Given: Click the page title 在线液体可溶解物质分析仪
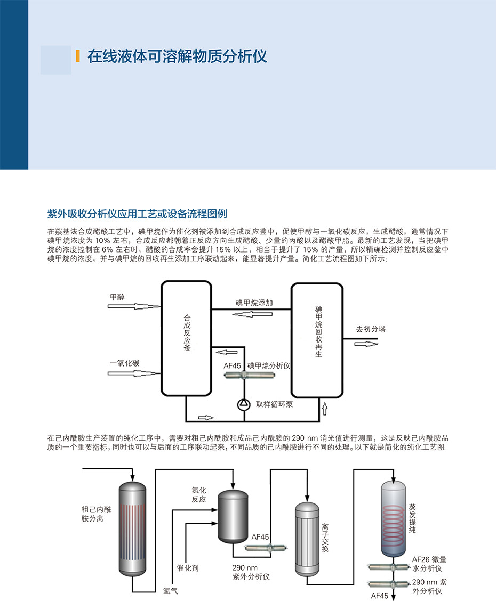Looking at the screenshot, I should [177, 56].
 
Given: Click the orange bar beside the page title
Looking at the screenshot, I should [78, 56].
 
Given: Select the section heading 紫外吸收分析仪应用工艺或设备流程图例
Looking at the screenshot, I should [137, 214].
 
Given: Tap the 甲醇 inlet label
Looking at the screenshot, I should [117, 297].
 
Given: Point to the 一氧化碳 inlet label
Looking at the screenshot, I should [124, 363].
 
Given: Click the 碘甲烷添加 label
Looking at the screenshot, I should [254, 303].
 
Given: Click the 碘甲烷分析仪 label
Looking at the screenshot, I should [268, 366].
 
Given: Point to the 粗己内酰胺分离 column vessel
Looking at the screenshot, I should [131, 527].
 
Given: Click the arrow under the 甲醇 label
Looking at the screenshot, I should [133, 306].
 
